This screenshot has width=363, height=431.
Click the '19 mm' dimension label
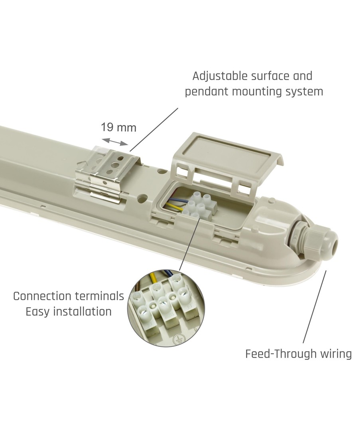click(118, 128)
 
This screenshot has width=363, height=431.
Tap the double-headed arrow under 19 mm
click(114, 142)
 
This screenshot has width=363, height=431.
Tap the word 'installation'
click(82, 312)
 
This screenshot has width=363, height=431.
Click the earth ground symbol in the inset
click(178, 340)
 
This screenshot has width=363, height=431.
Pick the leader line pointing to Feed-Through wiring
click(315, 307)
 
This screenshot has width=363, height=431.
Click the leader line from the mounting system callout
click(154, 129)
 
